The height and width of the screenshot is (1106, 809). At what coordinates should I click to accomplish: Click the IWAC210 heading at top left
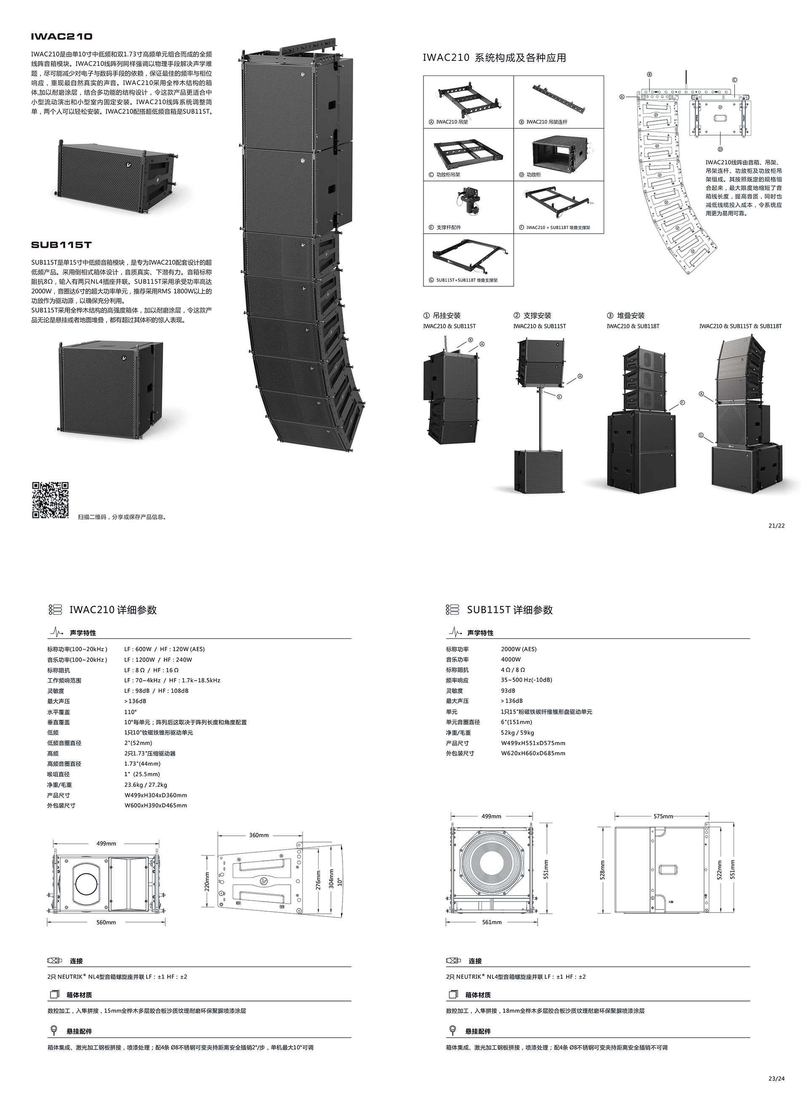click(x=61, y=36)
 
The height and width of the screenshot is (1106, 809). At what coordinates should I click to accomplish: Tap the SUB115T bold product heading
click(x=61, y=245)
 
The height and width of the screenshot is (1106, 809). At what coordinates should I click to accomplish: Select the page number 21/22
click(x=777, y=526)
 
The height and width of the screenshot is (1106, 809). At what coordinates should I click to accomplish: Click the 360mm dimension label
click(x=259, y=835)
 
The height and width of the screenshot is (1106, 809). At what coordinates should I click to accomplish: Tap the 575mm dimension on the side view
click(x=664, y=816)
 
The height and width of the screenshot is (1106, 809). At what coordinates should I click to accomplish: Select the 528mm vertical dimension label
click(x=603, y=870)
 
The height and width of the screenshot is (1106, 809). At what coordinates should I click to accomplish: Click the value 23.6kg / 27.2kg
click(x=145, y=785)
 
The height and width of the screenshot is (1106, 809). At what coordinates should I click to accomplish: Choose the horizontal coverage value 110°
click(x=130, y=711)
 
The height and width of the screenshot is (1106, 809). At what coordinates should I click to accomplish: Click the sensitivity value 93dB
click(x=508, y=690)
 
